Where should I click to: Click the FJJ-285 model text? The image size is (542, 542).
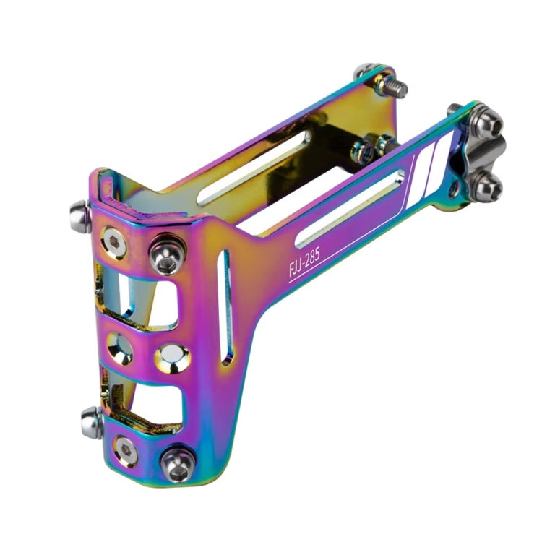tap(304, 257)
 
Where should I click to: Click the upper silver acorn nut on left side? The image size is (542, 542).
tap(80, 215)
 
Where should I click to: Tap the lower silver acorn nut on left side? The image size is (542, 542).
tap(92, 421)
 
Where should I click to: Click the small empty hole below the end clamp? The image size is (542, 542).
tap(452, 191)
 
